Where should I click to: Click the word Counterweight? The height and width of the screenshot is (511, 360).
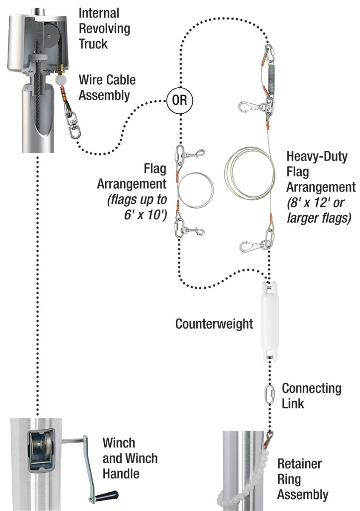214,324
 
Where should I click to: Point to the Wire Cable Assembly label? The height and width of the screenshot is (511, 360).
107,87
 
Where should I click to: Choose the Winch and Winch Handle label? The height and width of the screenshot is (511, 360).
129,458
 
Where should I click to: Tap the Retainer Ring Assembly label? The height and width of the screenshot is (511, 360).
302,479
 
